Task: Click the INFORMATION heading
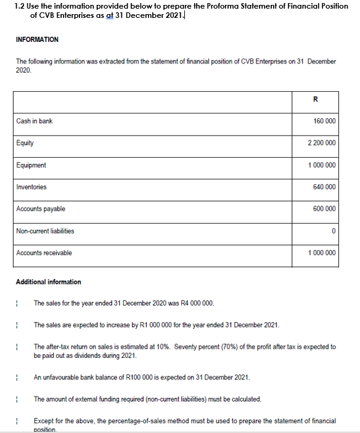(x=37, y=39)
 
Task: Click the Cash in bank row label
(x=35, y=121)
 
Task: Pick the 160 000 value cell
(x=324, y=121)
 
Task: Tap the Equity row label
(x=25, y=143)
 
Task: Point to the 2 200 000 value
(x=321, y=143)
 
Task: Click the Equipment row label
(x=31, y=165)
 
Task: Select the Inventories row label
(x=31, y=187)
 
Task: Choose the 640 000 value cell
(x=324, y=187)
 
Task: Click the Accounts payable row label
(x=41, y=209)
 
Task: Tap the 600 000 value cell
(x=324, y=209)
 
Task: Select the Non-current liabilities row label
(x=45, y=231)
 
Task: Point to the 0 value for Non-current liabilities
(x=333, y=232)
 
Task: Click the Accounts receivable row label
(x=44, y=253)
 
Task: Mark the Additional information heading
(x=48, y=282)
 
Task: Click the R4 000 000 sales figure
(x=196, y=303)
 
